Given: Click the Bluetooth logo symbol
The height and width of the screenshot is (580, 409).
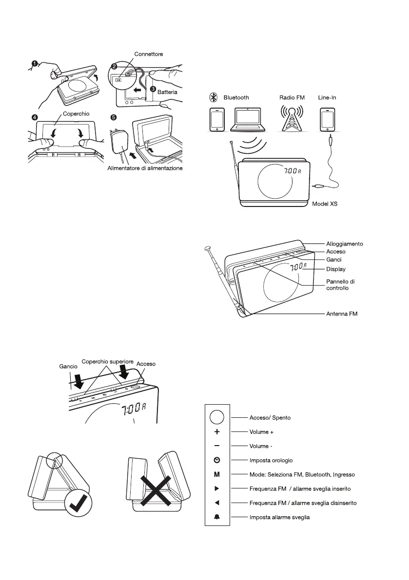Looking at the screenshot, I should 213,98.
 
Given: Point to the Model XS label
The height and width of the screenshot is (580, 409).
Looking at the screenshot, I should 325,205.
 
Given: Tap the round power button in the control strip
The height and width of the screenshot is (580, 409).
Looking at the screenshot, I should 217,417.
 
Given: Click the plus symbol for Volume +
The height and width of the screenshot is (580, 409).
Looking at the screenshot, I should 217,431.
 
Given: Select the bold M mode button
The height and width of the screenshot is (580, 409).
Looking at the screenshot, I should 217,474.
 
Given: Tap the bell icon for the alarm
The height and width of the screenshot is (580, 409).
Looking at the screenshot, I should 217,517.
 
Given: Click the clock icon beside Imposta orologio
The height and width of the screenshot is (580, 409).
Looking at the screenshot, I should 217,460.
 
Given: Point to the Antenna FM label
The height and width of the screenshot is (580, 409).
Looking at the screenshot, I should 342,314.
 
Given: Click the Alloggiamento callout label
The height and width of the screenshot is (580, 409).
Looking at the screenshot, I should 344,243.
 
